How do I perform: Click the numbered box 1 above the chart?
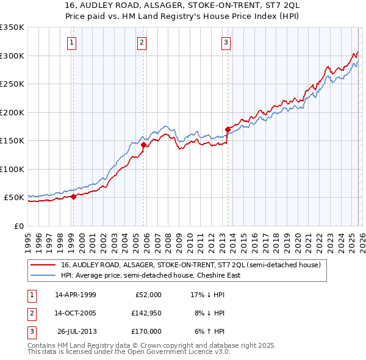(72, 43)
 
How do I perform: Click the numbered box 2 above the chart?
(142, 43)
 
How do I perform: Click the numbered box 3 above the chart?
(226, 43)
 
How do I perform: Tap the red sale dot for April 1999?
(74, 196)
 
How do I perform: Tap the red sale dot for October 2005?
(144, 145)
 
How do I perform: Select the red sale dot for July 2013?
(228, 129)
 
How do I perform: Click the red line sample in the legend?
(43, 265)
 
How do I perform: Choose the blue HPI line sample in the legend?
(43, 275)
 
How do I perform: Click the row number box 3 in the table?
(30, 331)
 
